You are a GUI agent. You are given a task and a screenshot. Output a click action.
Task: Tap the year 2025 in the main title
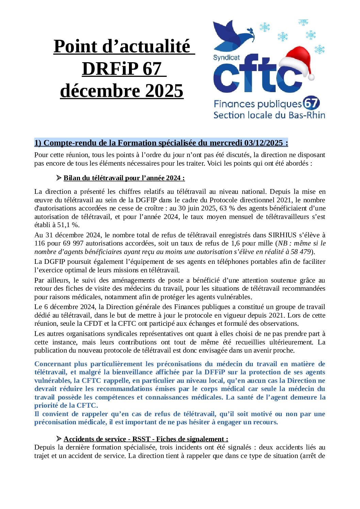(x=164, y=91)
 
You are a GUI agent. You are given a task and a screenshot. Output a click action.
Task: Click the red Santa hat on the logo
(x=296, y=63)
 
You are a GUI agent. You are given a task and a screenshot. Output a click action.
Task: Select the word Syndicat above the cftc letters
(x=226, y=57)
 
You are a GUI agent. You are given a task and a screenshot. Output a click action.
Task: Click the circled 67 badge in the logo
(x=311, y=103)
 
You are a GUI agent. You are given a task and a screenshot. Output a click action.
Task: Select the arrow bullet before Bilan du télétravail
(x=59, y=178)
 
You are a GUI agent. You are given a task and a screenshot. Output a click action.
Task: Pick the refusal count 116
(x=40, y=243)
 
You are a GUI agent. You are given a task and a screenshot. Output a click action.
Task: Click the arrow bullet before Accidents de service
(x=59, y=439)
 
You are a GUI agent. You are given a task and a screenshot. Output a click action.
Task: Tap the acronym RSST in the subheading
(x=141, y=439)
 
